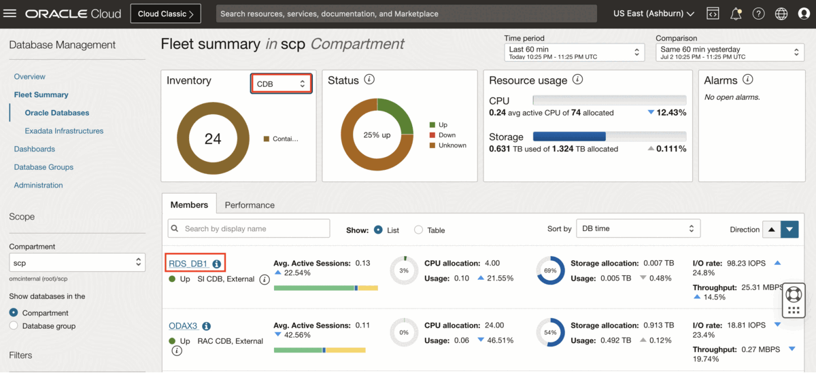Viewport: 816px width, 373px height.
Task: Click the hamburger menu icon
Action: [x=10, y=14]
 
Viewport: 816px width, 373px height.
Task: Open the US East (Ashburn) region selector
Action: [x=653, y=14]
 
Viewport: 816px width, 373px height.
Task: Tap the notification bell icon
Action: [x=736, y=14]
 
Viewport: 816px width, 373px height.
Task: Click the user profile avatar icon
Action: [x=803, y=14]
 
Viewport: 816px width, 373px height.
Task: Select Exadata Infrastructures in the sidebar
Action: [x=64, y=130]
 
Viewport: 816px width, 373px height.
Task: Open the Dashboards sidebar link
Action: [x=34, y=149]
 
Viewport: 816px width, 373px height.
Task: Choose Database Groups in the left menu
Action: [x=44, y=166]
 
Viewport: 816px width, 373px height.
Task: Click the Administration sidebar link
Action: [x=38, y=185]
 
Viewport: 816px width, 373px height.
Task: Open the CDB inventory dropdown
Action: [x=282, y=84]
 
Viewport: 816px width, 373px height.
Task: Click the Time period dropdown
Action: [x=574, y=52]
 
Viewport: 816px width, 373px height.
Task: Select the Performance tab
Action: [x=250, y=205]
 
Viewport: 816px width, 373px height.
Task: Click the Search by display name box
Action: [x=249, y=228]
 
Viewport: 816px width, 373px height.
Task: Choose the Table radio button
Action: [x=419, y=230]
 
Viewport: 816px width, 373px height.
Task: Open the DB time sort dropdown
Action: [x=638, y=228]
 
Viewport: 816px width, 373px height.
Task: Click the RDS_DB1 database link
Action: [x=188, y=263]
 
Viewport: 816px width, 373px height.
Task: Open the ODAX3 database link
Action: [x=183, y=326]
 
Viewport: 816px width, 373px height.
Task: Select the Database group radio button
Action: [x=14, y=326]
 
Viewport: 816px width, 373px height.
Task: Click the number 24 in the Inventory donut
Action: [x=213, y=139]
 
